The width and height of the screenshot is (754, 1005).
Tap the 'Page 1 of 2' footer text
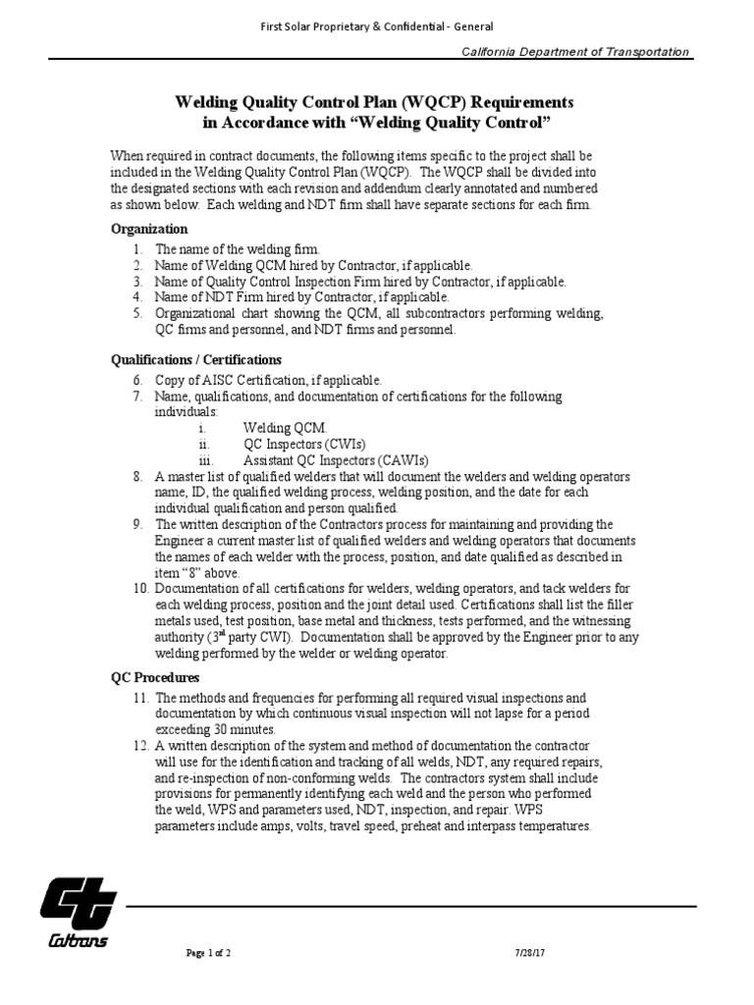[x=208, y=953]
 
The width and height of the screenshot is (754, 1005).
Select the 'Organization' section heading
[x=148, y=228]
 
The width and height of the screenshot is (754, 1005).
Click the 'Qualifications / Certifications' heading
[x=195, y=360]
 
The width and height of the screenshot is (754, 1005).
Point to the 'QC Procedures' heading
[x=154, y=677]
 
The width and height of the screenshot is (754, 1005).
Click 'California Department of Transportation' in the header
[x=575, y=52]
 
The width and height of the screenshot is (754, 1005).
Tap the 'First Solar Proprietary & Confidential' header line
[x=376, y=26]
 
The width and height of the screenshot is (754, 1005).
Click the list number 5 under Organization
[x=138, y=313]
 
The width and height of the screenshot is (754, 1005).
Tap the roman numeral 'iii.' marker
[x=205, y=460]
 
